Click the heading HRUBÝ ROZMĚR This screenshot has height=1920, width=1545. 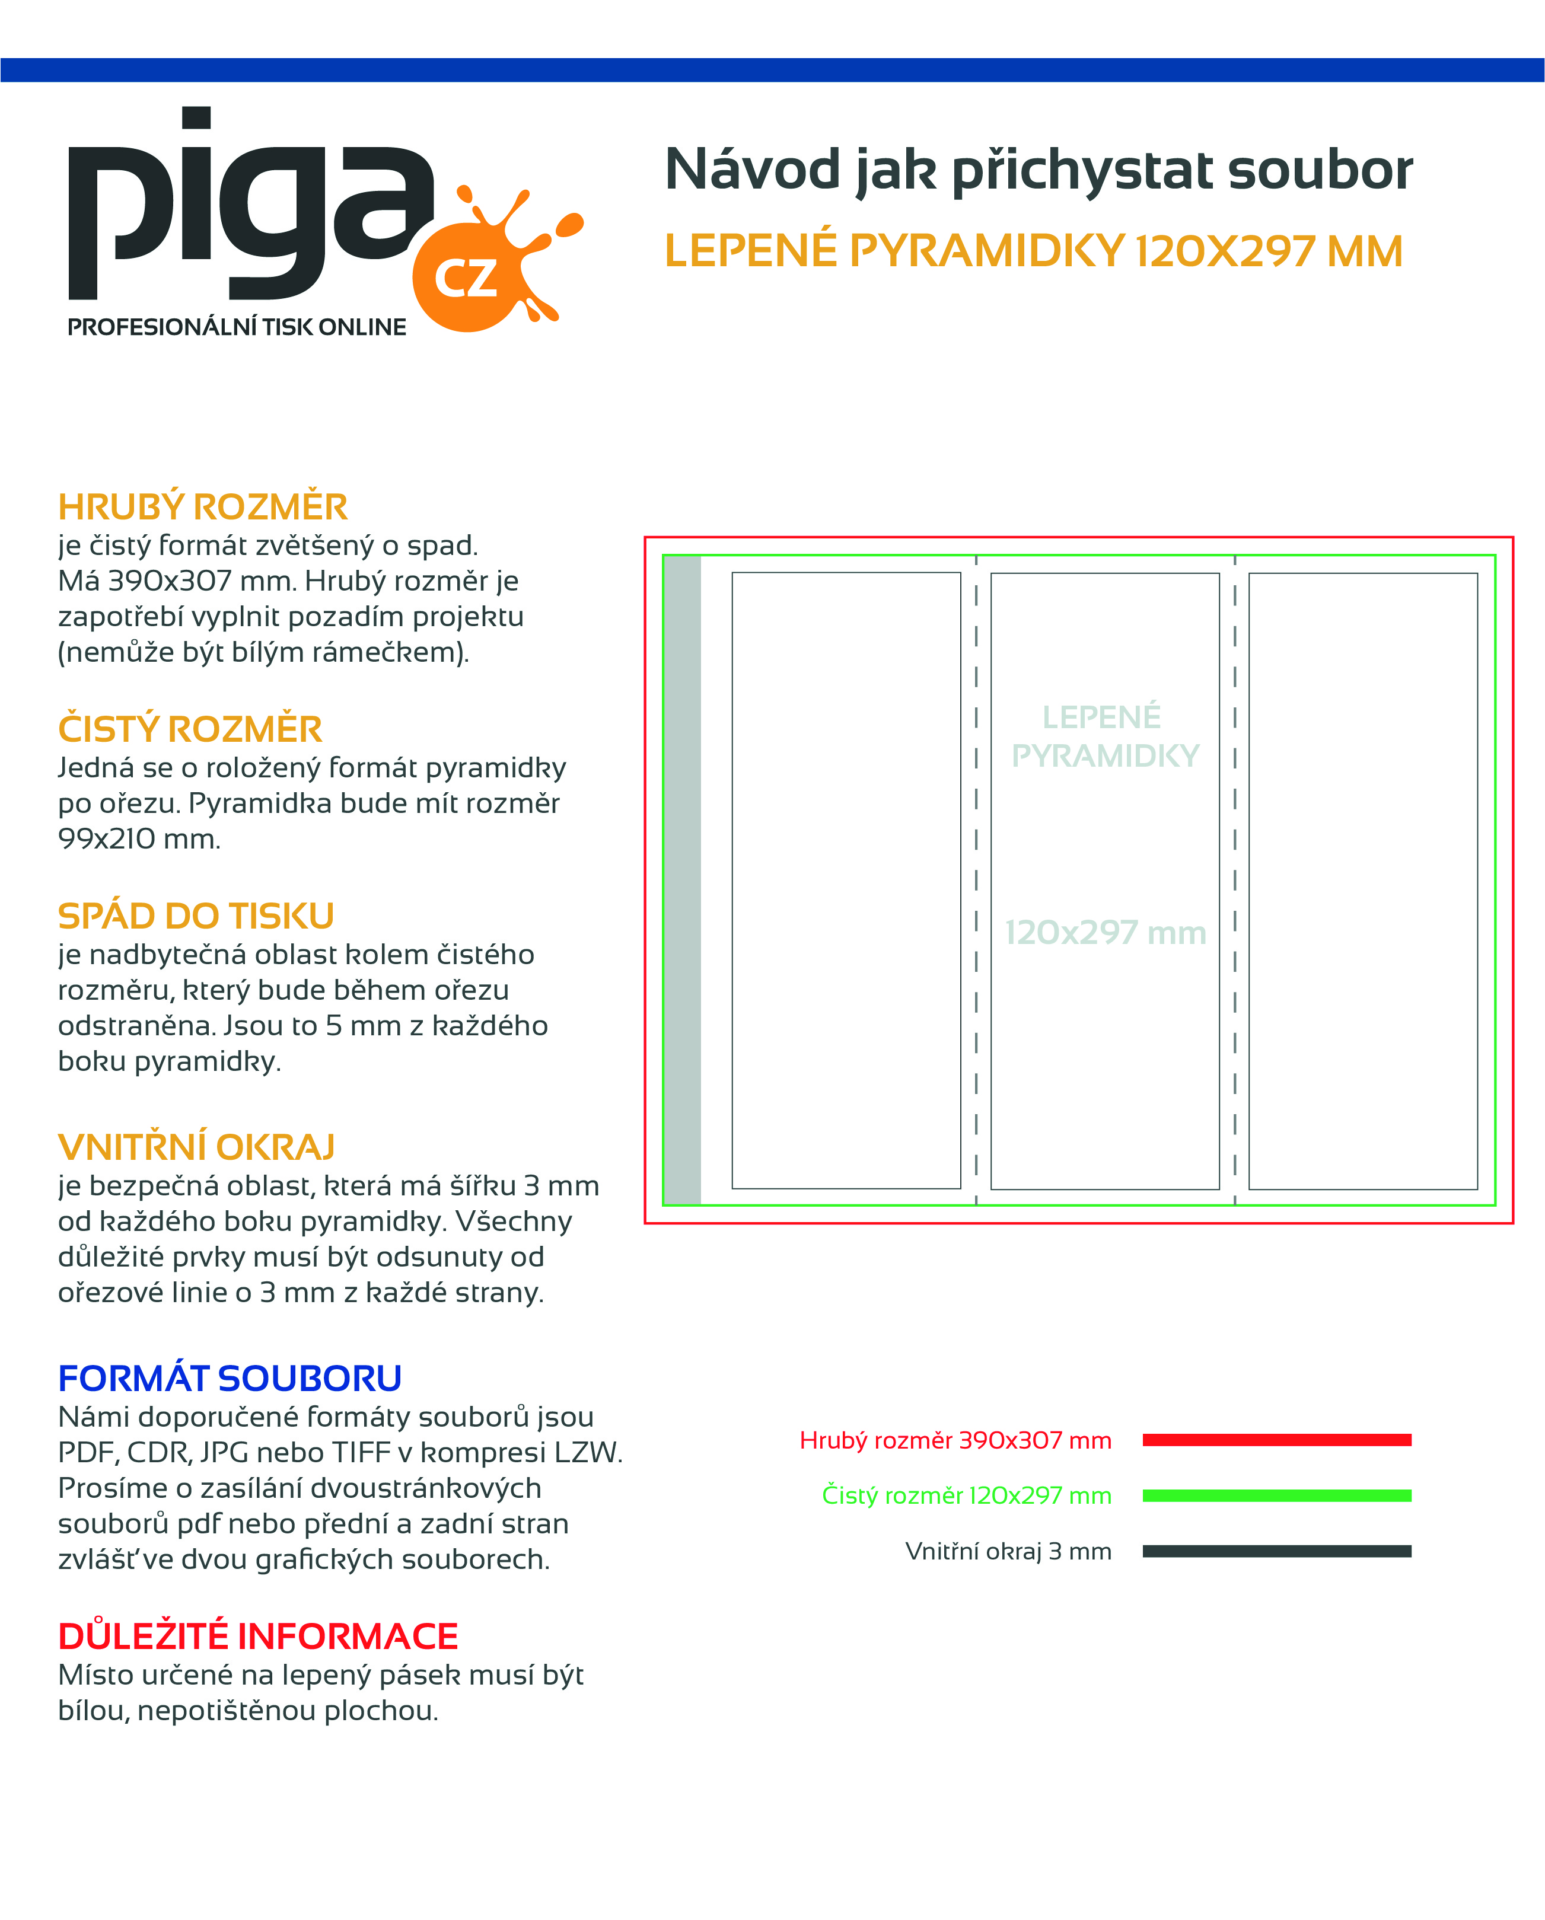point(202,507)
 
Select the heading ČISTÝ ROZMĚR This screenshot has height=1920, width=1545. point(190,729)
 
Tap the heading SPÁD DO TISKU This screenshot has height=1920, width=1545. point(196,916)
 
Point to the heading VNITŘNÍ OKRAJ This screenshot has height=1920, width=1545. point(196,1147)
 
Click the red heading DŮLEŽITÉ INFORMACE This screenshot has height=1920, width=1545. point(257,1636)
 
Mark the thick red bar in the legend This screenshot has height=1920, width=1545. point(1276,1440)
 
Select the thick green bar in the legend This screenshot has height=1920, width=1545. point(1276,1495)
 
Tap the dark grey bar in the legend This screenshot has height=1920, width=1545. point(1276,1551)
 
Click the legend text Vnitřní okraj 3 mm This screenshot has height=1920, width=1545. point(1008,1551)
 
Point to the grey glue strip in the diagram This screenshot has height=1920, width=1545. point(682,880)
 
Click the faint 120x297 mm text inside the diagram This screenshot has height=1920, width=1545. point(1105,932)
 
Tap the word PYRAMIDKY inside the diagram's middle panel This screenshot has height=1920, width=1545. point(1105,756)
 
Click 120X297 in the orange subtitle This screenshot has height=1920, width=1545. point(1226,251)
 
